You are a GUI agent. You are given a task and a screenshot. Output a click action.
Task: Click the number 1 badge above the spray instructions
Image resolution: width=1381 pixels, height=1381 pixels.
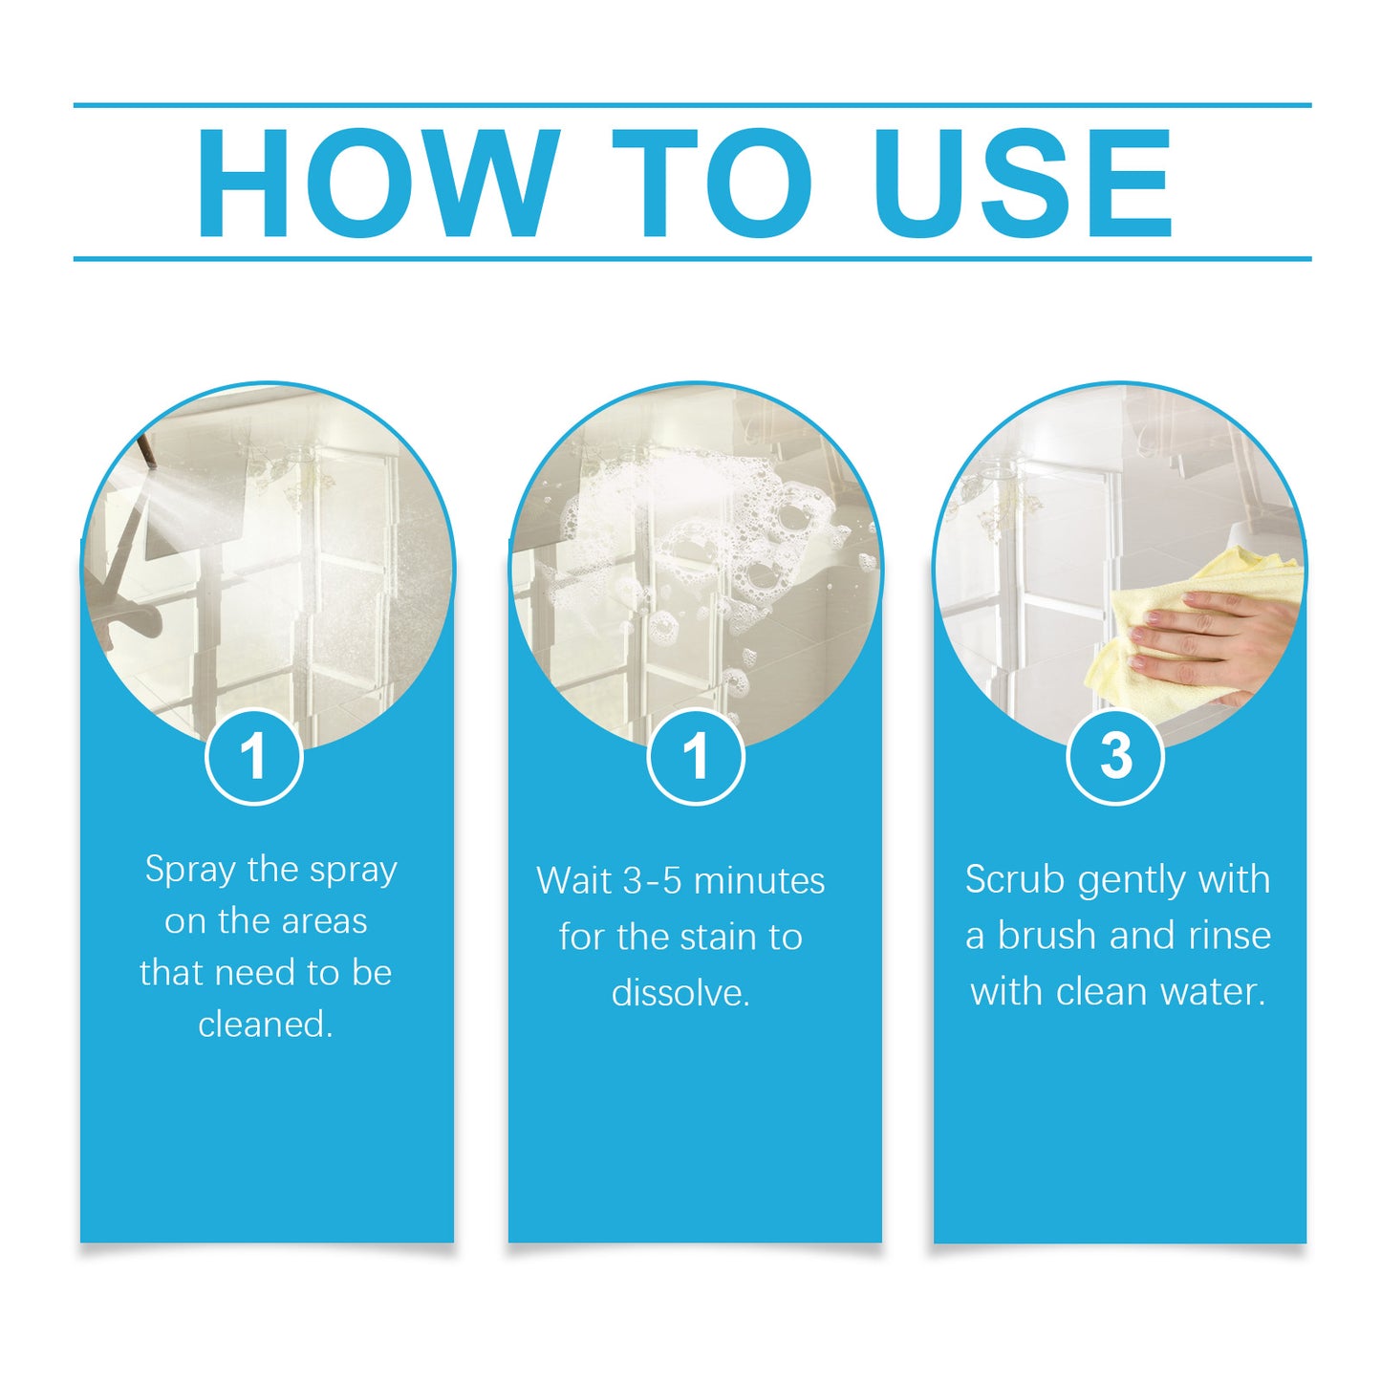click(254, 757)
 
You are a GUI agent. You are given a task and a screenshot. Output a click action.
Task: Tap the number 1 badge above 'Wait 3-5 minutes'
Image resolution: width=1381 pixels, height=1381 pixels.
click(695, 757)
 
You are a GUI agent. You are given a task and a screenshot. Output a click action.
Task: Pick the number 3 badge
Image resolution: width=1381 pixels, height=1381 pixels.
click(1115, 757)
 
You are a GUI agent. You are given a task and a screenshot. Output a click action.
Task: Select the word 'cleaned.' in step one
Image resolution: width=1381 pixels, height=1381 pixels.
click(266, 1025)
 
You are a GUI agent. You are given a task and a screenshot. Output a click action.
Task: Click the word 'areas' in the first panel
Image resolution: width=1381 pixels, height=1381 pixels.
click(324, 921)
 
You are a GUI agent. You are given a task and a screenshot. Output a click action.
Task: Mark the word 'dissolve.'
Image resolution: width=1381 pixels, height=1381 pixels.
click(680, 993)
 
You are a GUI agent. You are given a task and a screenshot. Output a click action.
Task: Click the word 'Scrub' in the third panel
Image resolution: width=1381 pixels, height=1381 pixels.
click(1015, 879)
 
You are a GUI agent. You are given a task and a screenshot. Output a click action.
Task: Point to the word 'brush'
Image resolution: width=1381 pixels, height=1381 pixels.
click(1045, 936)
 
